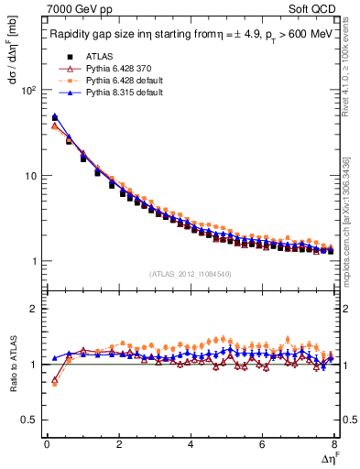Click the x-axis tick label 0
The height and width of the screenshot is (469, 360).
tap(46, 445)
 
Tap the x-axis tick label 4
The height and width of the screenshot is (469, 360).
tap(190, 445)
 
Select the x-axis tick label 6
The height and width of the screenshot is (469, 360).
tap(262, 445)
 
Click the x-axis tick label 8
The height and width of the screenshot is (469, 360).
tap(333, 445)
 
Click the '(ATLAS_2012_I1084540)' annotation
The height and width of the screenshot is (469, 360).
tap(190, 273)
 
